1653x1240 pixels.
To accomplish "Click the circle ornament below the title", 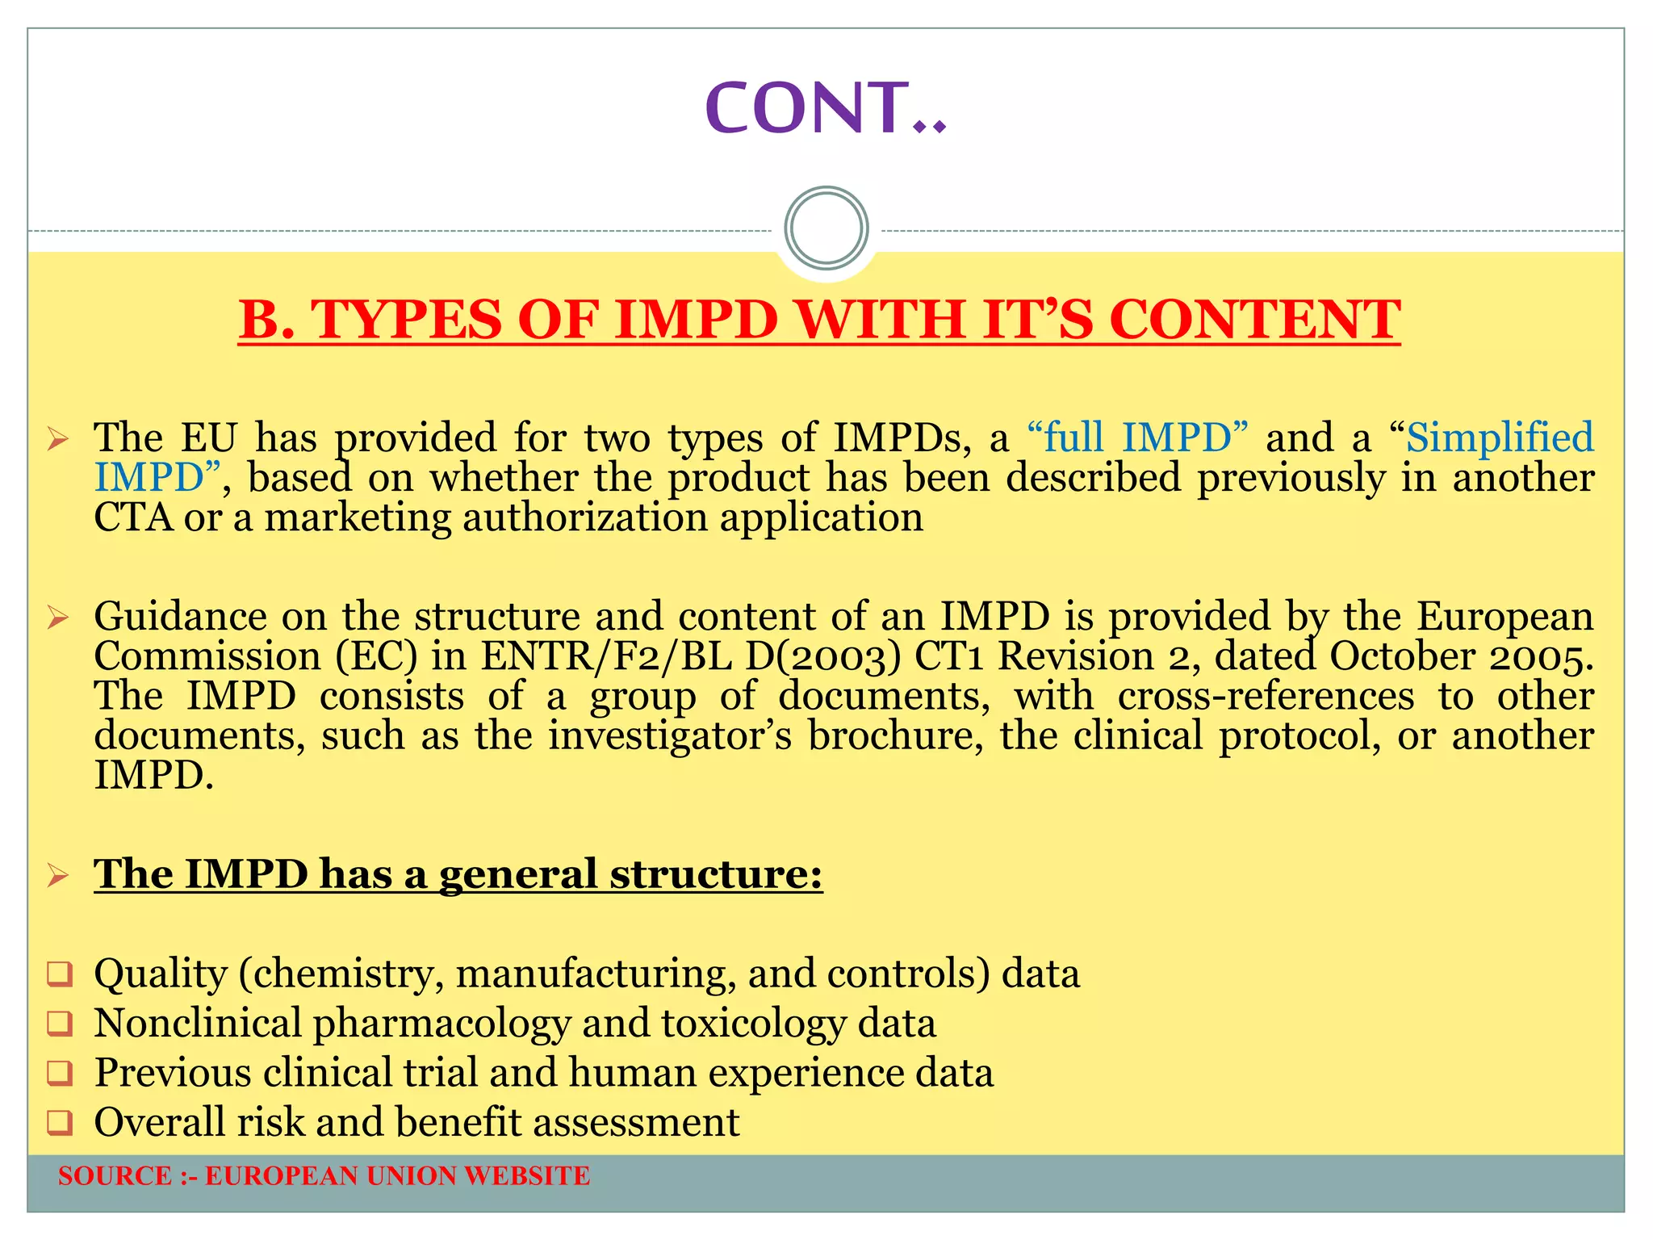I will coord(826,228).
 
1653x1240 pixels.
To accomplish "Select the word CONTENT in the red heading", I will coord(1254,320).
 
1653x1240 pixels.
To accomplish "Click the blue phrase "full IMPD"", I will coord(1137,438).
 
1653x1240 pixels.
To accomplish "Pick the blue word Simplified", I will coord(1500,438).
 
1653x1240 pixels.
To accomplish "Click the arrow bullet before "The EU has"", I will coord(58,440).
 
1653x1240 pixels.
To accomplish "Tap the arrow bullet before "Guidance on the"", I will coord(58,618).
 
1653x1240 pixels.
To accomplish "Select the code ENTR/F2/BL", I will coord(606,656).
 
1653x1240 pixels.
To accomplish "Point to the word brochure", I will coord(896,735).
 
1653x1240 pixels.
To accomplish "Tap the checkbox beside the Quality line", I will coord(60,974).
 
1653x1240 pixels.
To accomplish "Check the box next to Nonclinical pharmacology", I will coord(60,1024).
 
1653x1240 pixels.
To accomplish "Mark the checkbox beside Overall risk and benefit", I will coord(60,1123).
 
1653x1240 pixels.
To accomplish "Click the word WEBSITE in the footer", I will coord(527,1176).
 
